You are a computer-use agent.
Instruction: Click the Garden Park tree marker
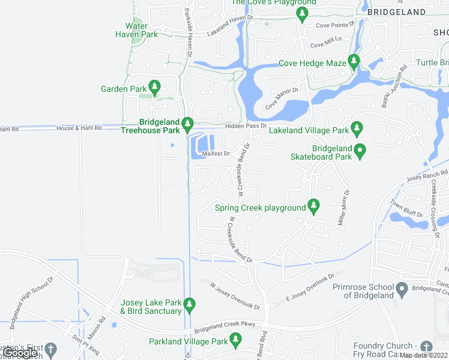[154, 88]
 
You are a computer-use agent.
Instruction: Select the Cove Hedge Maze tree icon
[354, 61]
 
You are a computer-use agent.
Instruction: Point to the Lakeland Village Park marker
[357, 128]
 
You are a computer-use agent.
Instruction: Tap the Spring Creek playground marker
[313, 206]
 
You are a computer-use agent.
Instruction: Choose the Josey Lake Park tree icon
[189, 305]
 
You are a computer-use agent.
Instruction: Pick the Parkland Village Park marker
[235, 340]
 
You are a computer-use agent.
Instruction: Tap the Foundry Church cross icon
[426, 347]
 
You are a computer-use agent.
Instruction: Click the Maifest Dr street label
[216, 154]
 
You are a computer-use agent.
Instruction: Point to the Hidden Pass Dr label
[246, 125]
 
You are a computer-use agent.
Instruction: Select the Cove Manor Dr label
[282, 98]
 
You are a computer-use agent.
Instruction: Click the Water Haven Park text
[137, 31]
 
